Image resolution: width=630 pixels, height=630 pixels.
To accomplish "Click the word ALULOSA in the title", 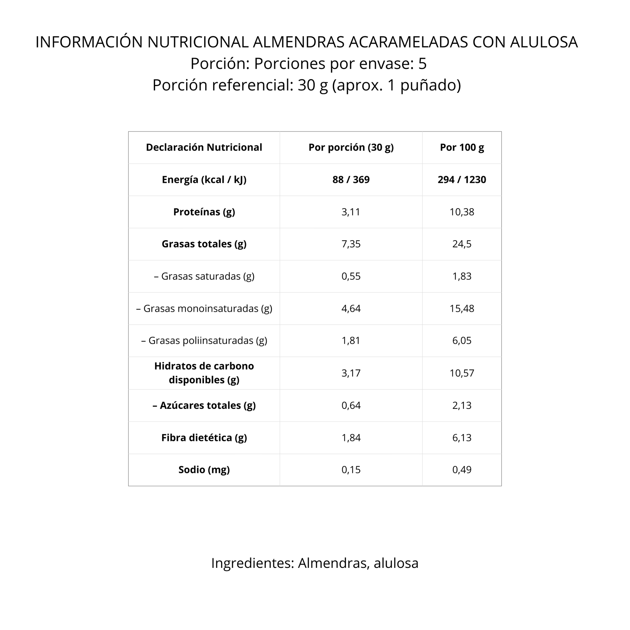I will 544,42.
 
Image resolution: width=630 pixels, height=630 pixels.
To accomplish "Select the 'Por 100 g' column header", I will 462,147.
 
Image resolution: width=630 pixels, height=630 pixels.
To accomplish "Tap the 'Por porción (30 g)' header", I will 351,147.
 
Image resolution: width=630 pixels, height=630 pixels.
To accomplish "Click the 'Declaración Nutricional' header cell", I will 204,147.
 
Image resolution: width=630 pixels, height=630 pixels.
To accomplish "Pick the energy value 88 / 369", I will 351,180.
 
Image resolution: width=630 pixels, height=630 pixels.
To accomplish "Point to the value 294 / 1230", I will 462,180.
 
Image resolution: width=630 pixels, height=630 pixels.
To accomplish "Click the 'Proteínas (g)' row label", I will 204,212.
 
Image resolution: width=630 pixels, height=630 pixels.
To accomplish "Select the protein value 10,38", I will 462,212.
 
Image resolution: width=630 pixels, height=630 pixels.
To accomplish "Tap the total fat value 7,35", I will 351,244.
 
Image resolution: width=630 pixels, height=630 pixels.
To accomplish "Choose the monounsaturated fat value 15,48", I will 462,309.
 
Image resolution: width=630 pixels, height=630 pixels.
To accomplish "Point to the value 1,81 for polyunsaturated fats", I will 351,341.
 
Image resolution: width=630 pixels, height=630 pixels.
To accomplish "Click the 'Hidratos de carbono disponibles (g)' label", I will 204,373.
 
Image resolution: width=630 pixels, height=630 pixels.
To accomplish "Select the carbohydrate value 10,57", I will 462,373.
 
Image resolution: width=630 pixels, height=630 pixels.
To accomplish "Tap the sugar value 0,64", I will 351,405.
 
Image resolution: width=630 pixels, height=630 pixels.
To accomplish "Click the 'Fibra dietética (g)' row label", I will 204,438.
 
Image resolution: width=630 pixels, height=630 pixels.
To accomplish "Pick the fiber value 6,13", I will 462,438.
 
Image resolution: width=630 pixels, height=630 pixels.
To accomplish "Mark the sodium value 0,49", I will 462,469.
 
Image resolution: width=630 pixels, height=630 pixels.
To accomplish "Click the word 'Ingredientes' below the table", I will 253,563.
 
